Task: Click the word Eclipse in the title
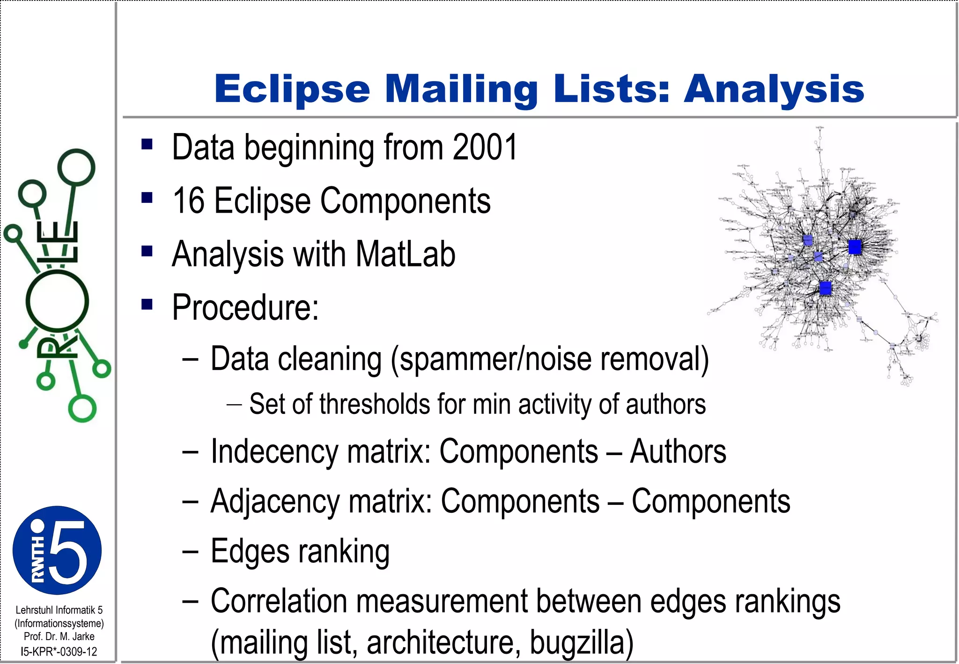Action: (292, 89)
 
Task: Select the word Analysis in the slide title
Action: (774, 89)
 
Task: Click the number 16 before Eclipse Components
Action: (188, 201)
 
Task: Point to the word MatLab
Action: (405, 254)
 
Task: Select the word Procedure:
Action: (245, 307)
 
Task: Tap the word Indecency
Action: (274, 452)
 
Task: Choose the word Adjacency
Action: (275, 502)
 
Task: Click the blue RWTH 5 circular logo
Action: (57, 550)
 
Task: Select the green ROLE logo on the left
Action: (56, 286)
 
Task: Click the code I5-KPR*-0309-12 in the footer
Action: (59, 651)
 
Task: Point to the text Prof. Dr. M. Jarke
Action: (59, 637)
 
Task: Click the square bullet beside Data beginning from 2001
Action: (147, 144)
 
